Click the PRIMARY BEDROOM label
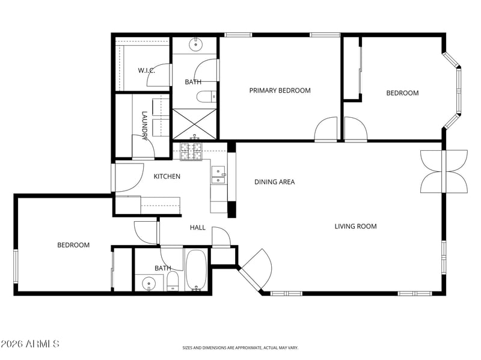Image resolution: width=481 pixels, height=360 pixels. (280, 91)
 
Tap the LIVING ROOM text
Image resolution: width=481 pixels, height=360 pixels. (355, 227)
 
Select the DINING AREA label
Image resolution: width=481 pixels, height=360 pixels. (275, 182)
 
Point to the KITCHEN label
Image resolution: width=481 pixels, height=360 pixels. (167, 176)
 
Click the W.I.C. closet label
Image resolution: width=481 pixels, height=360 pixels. (146, 70)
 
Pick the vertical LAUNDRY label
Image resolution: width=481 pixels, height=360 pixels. (145, 126)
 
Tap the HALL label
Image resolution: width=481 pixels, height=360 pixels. (198, 228)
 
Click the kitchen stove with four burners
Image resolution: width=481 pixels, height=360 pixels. (191, 152)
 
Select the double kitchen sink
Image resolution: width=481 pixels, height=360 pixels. (218, 175)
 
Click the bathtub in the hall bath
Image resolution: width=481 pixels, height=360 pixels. (197, 270)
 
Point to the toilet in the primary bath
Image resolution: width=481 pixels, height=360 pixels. (206, 97)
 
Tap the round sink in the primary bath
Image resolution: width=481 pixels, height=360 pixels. (195, 44)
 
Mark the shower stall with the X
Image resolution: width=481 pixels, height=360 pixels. (195, 124)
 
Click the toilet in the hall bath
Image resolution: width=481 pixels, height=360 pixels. (173, 281)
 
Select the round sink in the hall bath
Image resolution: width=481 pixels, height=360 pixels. (149, 282)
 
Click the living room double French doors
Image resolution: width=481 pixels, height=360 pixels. (444, 171)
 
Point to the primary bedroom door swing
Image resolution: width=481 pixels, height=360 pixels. (326, 129)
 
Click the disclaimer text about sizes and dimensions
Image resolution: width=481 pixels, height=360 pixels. (240, 348)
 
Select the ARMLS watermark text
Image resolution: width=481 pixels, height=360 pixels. (29, 344)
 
